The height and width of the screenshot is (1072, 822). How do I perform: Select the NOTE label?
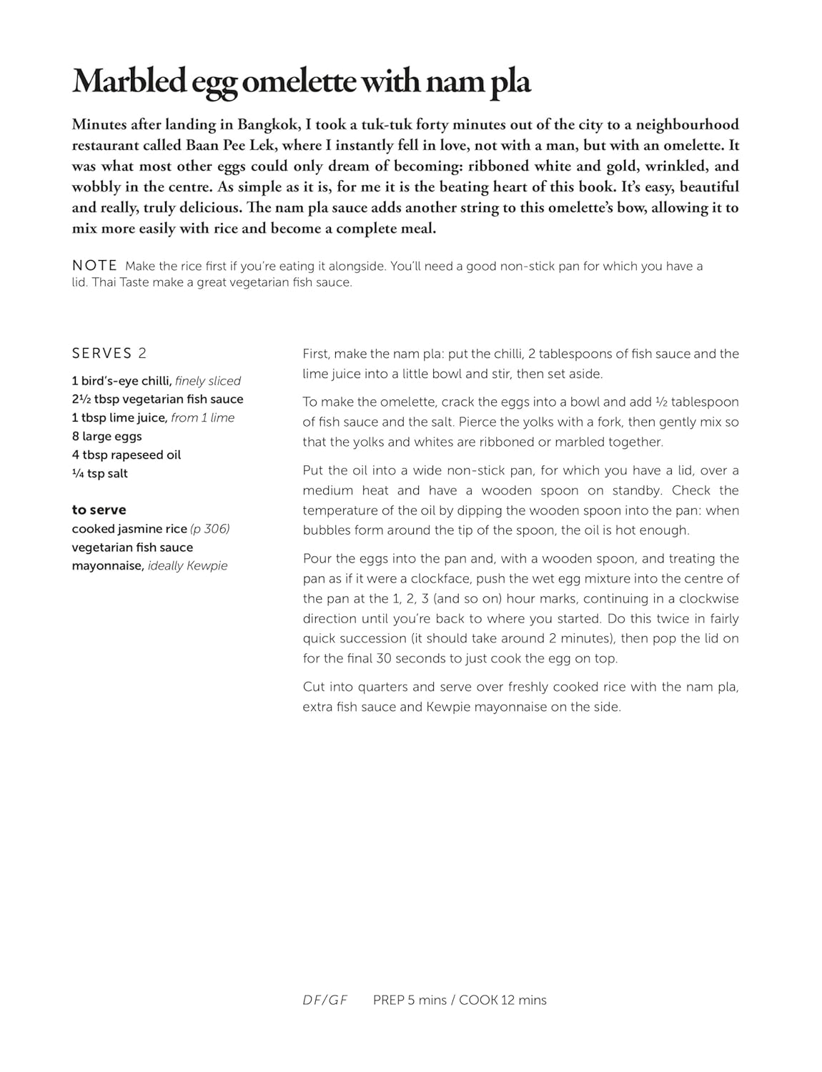pyautogui.click(x=94, y=266)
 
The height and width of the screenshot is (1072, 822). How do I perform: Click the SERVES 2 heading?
pyautogui.click(x=109, y=353)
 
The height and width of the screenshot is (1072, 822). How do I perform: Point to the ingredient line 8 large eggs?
pyautogui.click(x=107, y=436)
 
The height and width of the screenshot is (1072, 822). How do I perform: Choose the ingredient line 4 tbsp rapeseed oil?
pyautogui.click(x=126, y=455)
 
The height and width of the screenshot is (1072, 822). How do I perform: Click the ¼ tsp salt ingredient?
pyautogui.click(x=99, y=473)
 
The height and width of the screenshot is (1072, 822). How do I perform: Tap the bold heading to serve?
pyautogui.click(x=99, y=510)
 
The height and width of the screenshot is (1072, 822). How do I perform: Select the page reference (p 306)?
pyautogui.click(x=209, y=529)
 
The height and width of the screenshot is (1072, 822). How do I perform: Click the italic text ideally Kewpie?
pyautogui.click(x=187, y=565)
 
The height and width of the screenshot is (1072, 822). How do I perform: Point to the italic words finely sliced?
pyautogui.click(x=207, y=381)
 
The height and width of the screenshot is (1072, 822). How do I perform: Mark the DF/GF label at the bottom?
pyautogui.click(x=325, y=1000)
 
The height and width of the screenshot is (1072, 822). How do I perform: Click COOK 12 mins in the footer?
pyautogui.click(x=502, y=1000)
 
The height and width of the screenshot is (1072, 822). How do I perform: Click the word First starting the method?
pyautogui.click(x=315, y=354)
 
